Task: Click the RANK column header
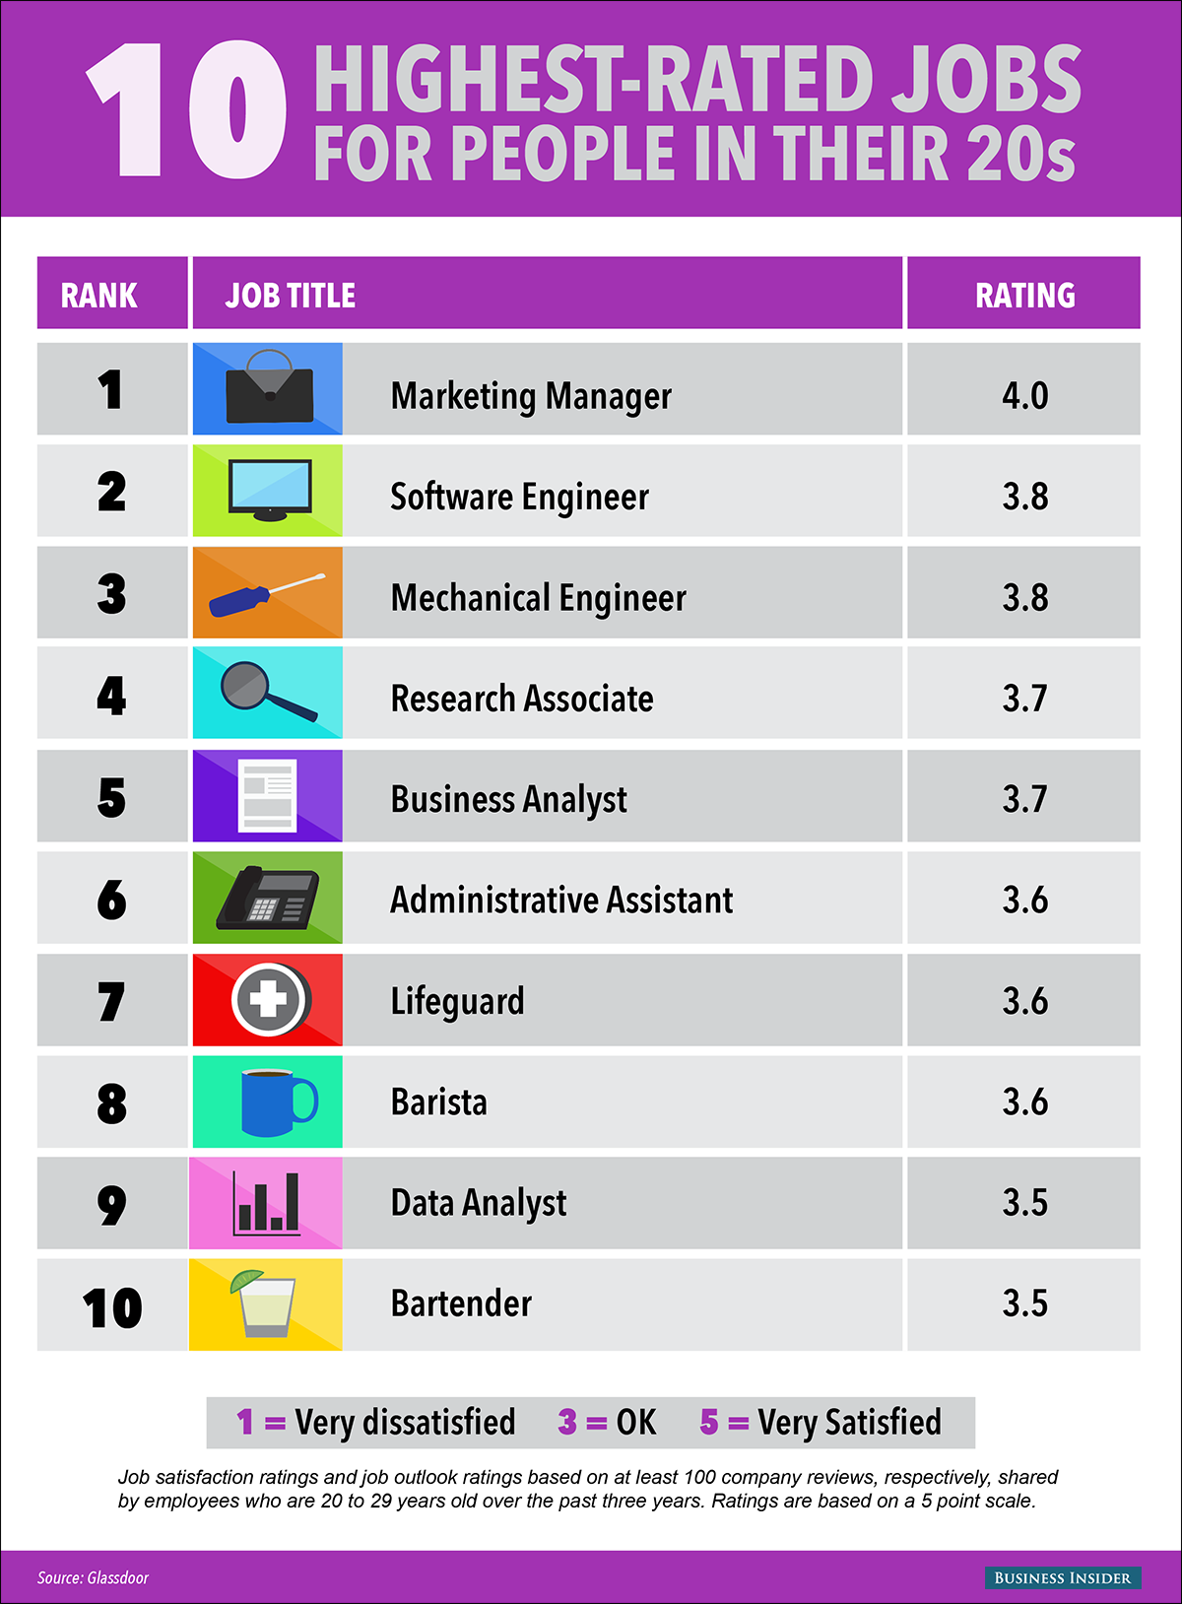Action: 99,295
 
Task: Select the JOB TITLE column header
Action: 291,295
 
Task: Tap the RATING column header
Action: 1024,295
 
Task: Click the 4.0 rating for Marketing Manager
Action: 1024,395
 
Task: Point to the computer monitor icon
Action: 269,489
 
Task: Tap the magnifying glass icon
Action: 266,690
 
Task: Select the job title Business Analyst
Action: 508,799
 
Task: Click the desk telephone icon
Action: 269,899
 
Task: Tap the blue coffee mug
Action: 276,1102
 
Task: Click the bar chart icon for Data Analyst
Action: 266,1203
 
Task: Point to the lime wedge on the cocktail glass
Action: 245,1280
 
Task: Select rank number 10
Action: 112,1307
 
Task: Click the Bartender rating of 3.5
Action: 1024,1303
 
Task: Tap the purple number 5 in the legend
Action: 709,1422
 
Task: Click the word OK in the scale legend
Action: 636,1422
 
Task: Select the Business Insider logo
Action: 1063,1577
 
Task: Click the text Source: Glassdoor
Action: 93,1577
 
